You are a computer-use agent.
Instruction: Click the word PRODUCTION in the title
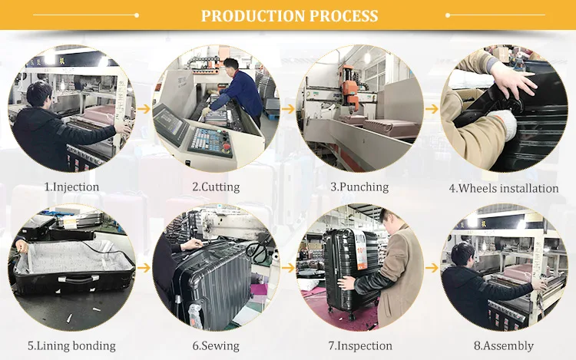coord(253,16)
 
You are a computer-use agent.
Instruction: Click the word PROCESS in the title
coord(344,16)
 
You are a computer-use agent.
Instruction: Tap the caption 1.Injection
coord(71,187)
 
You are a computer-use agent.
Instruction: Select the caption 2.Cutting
coord(216,187)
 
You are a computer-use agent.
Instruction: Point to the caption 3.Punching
coord(359,187)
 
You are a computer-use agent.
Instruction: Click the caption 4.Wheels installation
coord(504,188)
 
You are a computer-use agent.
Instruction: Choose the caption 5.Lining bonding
coord(71,345)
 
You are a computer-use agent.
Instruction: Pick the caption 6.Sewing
coord(216,345)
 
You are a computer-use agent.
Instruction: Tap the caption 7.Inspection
coord(360,345)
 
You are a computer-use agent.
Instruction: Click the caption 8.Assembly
coord(504,345)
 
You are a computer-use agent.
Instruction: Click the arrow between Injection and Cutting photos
coord(144,109)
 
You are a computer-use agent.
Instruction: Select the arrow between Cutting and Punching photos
coord(288,109)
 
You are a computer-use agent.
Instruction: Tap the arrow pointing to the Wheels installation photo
coord(432,109)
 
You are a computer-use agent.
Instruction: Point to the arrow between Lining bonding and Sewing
coord(144,268)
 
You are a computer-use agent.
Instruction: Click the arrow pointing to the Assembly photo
coord(432,268)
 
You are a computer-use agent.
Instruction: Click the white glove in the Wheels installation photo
coord(502,123)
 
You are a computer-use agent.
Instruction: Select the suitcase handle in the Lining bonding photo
coord(78,279)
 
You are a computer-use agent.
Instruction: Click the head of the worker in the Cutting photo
coord(230,66)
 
